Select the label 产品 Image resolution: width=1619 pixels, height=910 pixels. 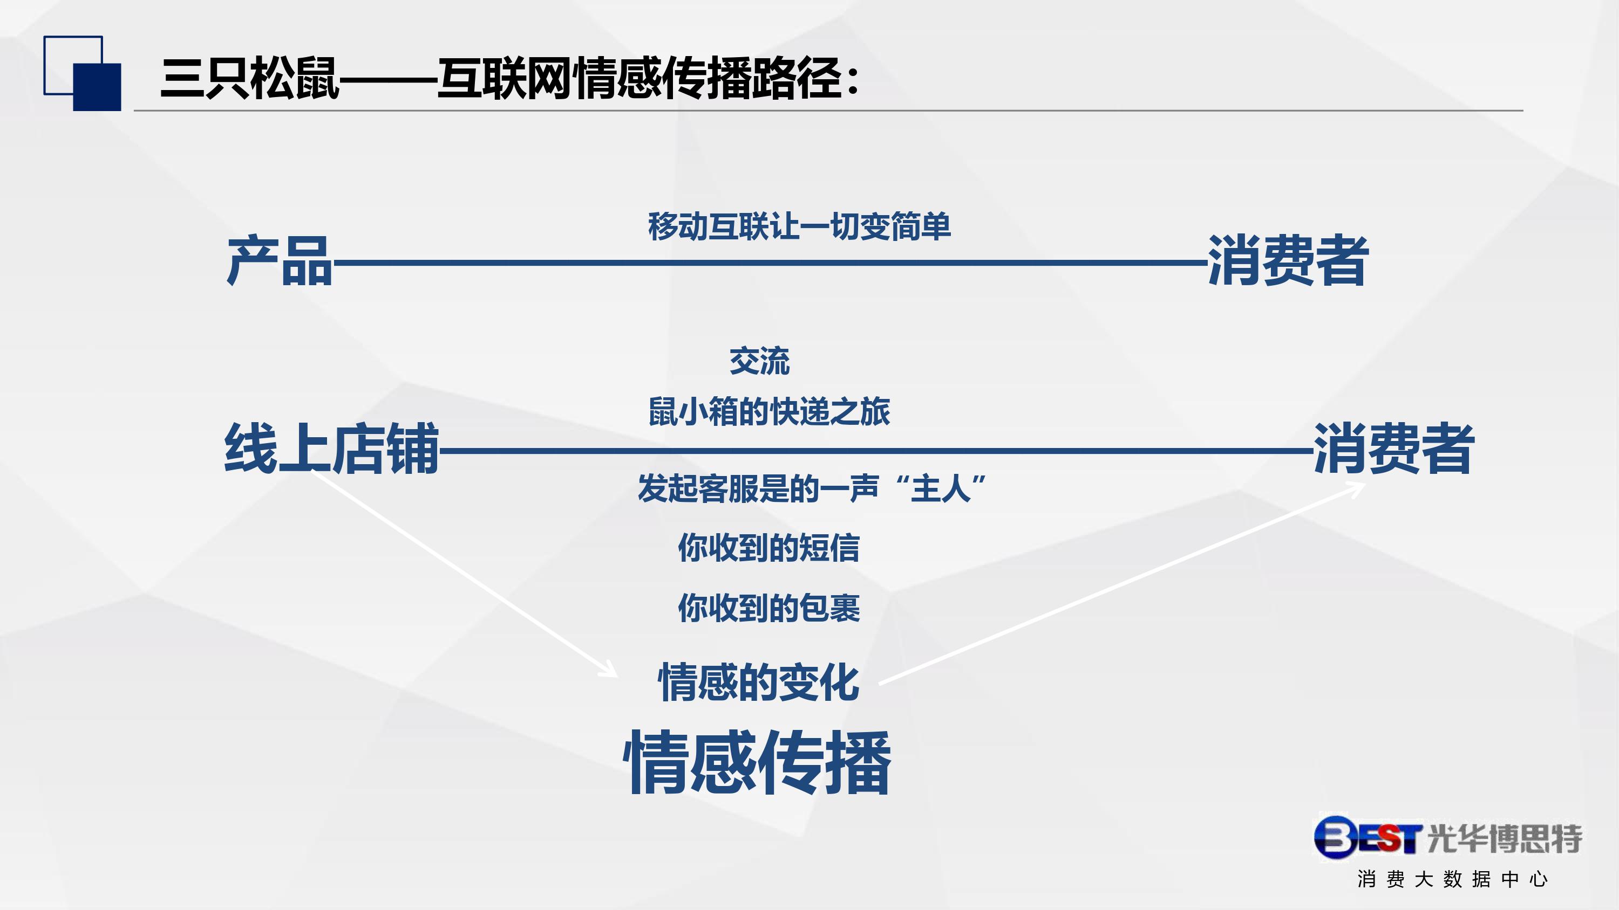[x=279, y=260]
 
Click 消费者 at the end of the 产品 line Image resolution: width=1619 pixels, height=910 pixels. [x=1288, y=260]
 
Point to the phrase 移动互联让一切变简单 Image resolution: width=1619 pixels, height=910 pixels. [x=799, y=226]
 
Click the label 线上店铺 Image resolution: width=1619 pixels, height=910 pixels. [x=332, y=448]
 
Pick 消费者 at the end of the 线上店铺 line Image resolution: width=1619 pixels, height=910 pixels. [x=1393, y=448]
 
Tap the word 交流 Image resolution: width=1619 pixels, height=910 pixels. [x=759, y=361]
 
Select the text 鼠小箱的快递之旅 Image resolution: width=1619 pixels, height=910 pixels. [x=769, y=411]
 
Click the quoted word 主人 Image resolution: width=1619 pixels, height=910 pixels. [x=941, y=488]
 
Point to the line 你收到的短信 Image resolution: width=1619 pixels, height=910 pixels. [x=768, y=548]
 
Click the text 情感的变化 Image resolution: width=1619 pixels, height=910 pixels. [x=759, y=682]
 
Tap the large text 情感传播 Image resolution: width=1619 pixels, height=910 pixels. [x=757, y=762]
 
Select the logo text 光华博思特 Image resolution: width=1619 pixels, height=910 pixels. [x=1504, y=838]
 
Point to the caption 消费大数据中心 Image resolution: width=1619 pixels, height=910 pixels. [x=1452, y=879]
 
